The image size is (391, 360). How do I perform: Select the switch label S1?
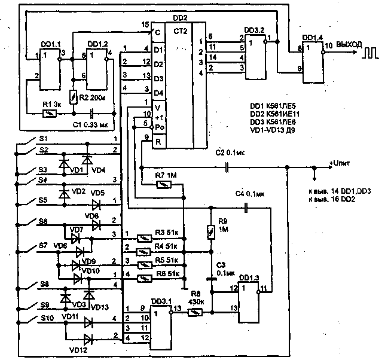tap(42, 138)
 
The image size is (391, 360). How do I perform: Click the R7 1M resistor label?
tap(164, 174)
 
